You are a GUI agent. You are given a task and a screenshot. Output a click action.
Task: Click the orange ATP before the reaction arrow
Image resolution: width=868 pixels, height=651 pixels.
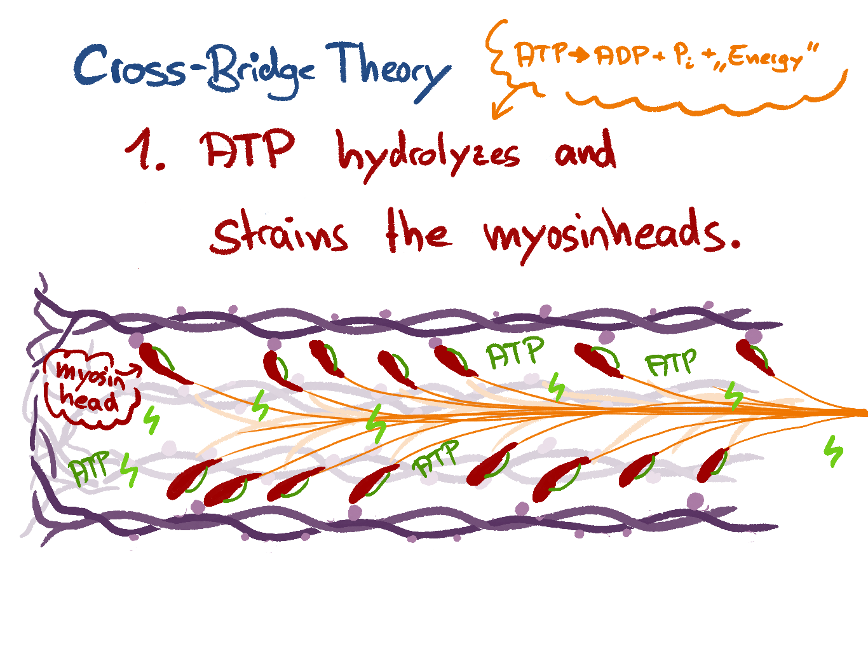pos(539,55)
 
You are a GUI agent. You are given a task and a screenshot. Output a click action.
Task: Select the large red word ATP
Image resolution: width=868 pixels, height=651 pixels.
pos(248,150)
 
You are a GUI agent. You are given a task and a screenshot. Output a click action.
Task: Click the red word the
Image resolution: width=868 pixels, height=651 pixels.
pos(419,232)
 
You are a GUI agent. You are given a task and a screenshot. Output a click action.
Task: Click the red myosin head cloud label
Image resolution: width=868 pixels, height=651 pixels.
pos(89,385)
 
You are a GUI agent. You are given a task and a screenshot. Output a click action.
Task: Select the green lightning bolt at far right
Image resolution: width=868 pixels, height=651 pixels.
pos(832,451)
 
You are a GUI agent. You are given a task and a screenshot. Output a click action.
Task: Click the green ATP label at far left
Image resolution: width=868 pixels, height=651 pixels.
pos(91,469)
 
